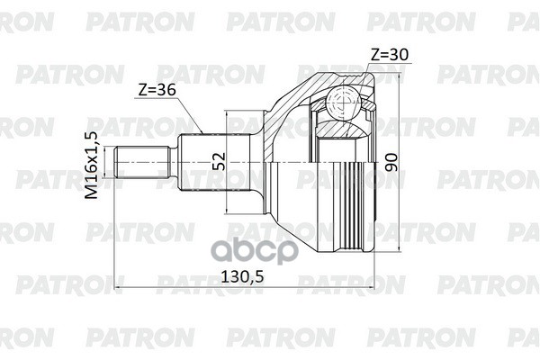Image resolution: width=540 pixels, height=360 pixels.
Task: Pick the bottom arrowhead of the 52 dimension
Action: pos(229,212)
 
